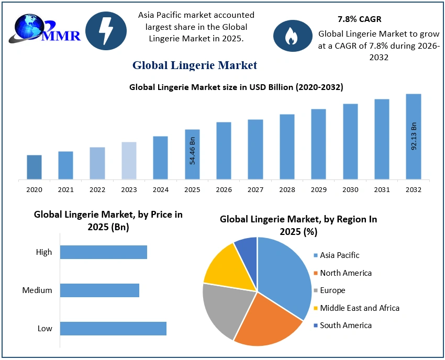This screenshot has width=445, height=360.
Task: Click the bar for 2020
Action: coord(34,167)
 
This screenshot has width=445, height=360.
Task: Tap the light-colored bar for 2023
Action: coord(129,160)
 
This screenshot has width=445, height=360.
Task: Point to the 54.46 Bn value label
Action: coord(192,151)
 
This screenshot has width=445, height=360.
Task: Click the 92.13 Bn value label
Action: coord(414,136)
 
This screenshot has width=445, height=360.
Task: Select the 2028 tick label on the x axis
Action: coord(287,190)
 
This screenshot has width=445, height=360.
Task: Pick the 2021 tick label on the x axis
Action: coord(65,190)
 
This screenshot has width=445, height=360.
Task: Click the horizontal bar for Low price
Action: coord(113,329)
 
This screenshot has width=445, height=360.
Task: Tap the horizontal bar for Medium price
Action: coord(99,290)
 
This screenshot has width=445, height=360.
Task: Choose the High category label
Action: coord(44,252)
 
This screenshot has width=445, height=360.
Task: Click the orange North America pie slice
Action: coord(267,319)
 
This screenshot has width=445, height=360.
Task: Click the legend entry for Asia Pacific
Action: coord(339,255)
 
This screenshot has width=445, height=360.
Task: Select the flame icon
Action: coord(290,36)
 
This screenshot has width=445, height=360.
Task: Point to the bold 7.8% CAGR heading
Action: coord(359,19)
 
